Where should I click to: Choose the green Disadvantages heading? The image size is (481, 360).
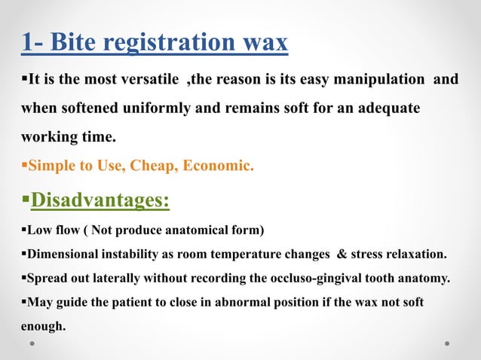[100, 203]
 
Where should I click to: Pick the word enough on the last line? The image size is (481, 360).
[43, 326]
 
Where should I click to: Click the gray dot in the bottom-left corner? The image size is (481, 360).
[33, 343]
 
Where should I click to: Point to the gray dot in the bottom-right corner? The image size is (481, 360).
[447, 343]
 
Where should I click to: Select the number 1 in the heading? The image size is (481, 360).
[26, 43]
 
